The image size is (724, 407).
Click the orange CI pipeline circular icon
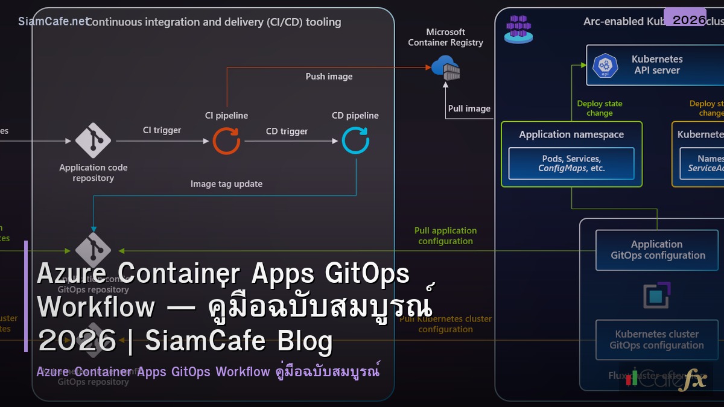226,141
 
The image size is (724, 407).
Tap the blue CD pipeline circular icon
355,140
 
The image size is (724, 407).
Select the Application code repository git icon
93,140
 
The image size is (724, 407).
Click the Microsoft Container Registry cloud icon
446,67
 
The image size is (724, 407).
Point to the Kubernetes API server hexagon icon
606,65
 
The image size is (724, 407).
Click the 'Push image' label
329,77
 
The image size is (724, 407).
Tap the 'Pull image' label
469,109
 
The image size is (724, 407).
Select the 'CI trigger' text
162,130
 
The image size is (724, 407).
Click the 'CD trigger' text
287,131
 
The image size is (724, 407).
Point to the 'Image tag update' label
226,184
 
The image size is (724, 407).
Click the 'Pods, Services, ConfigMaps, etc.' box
571,163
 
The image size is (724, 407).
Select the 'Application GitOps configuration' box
657,250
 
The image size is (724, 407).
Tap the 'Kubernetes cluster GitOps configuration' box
656,340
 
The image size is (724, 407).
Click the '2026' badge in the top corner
689,19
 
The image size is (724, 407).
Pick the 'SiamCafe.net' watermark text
53,22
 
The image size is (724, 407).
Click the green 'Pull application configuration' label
445,236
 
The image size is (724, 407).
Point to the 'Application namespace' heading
571,134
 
